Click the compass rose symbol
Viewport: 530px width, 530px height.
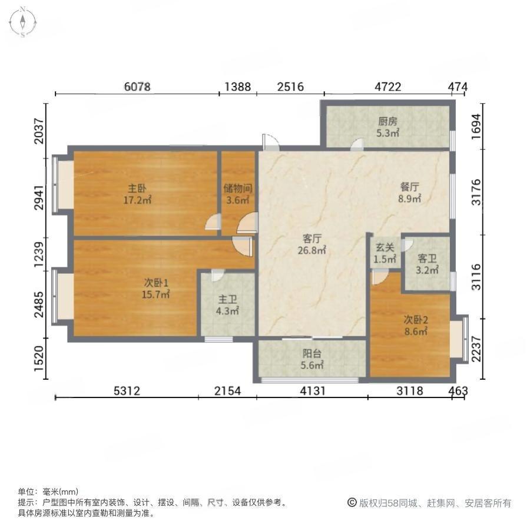(22, 22)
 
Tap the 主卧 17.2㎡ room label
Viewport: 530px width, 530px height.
(137, 194)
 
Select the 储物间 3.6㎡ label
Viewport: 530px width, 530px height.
(238, 194)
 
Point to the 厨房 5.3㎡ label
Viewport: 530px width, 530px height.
(387, 127)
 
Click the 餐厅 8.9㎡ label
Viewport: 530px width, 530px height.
(409, 193)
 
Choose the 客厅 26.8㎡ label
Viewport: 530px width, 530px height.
(312, 244)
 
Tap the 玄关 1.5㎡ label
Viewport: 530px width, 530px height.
(385, 253)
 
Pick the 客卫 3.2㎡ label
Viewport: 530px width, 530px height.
(427, 264)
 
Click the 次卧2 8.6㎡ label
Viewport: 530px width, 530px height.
(416, 325)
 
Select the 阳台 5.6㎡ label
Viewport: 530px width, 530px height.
(312, 359)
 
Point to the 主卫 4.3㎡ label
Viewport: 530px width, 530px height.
(227, 305)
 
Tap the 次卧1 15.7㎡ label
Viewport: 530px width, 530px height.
(155, 289)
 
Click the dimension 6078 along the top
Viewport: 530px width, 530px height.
(137, 87)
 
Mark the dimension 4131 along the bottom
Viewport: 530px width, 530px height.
(313, 391)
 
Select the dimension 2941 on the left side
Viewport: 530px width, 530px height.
(39, 197)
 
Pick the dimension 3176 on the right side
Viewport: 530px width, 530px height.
(476, 193)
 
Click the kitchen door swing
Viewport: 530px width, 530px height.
(357, 145)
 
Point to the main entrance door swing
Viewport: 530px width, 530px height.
(271, 142)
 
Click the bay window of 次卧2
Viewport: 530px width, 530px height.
(459, 339)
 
